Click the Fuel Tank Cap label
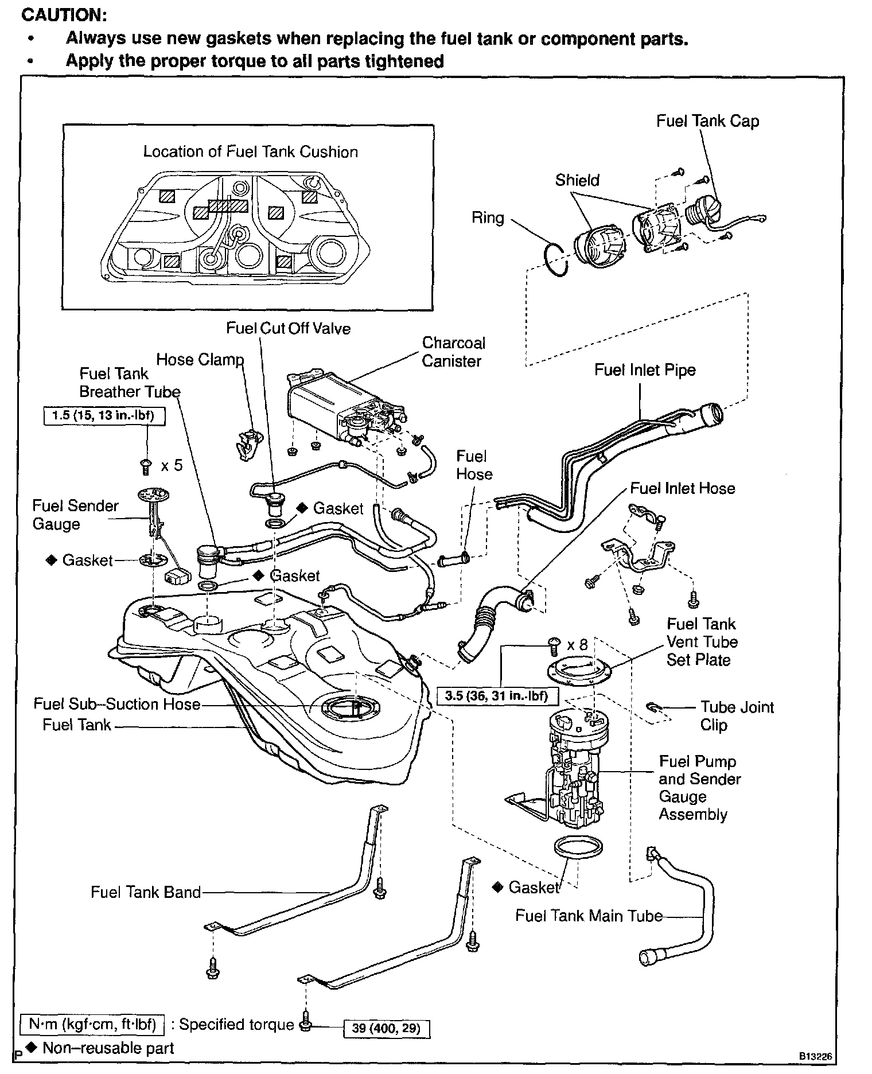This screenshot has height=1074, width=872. pos(707,122)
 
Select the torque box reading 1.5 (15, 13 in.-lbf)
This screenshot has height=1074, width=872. pos(104,415)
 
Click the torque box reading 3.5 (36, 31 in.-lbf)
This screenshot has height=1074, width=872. pos(497,696)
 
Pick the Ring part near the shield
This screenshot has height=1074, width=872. pos(556,259)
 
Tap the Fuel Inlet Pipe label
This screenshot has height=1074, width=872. pos(645,370)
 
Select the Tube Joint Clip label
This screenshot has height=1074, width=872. pos(737,715)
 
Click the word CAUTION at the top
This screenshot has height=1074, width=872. pos(64,15)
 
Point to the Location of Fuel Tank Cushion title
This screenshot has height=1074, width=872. pos(250,152)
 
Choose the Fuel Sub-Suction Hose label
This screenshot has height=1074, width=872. pos(116,704)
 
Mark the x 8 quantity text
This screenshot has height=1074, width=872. pos(577,645)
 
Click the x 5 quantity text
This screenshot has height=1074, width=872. pos(172,465)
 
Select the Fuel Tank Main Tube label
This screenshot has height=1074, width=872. pos(589,916)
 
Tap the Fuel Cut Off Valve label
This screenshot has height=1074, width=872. pos(288,328)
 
